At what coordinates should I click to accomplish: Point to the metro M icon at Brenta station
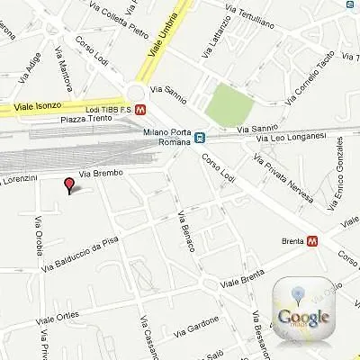pyautogui.click(x=311, y=241)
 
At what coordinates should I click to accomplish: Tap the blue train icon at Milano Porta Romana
pyautogui.click(x=199, y=139)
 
